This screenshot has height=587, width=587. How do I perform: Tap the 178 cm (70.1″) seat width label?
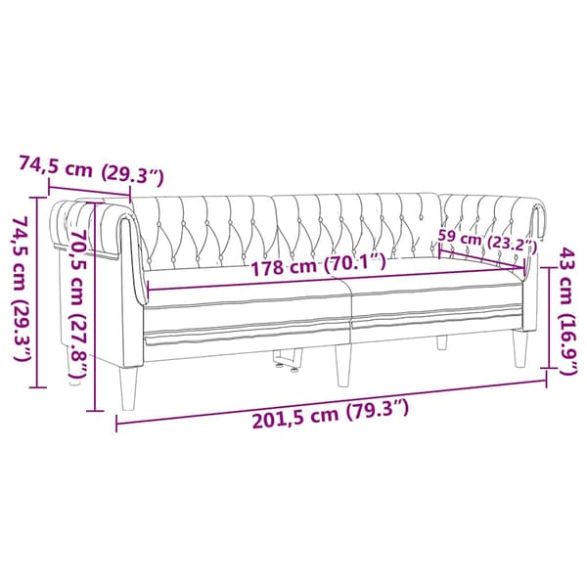click(319, 265)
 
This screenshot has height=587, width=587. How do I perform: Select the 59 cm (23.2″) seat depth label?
click(487, 242)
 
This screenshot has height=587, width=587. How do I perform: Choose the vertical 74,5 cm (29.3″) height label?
click(22, 290)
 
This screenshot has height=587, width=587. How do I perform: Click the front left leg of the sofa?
click(128, 387)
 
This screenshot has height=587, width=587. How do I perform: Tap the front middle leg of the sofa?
click(343, 365)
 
